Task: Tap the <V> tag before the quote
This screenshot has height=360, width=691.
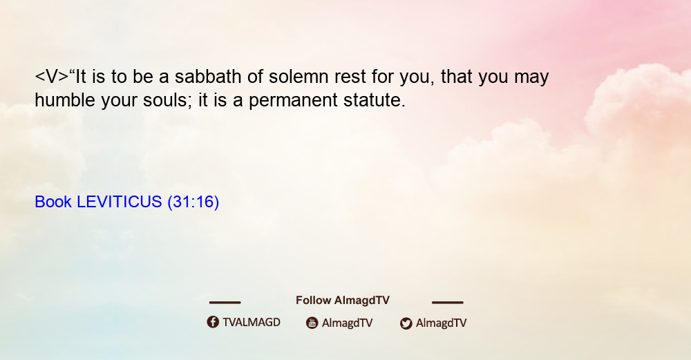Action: pos(52,77)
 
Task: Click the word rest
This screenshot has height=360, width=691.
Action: pos(350,77)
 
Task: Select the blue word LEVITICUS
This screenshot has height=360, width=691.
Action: pos(120,202)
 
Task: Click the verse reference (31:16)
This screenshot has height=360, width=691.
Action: pos(193,202)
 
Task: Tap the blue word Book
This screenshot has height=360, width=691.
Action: pos(53,202)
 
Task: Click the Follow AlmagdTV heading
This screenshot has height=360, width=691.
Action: pos(343,300)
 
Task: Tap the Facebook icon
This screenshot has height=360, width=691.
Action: pos(213,322)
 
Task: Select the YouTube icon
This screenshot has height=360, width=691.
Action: pos(312,323)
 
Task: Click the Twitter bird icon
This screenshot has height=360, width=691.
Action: pos(406,323)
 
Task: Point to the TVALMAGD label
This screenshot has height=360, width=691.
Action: pos(252,322)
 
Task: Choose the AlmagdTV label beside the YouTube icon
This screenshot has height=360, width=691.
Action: pos(348,323)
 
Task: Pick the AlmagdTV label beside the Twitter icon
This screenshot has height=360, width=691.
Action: pos(441,323)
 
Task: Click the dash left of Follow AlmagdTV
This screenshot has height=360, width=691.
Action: pos(225,303)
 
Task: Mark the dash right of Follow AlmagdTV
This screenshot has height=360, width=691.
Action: pos(447,303)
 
